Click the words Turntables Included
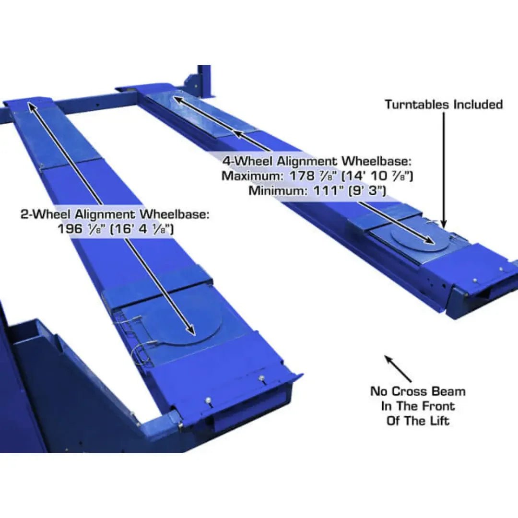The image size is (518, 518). click(x=443, y=105)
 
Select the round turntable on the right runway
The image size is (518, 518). click(x=420, y=237)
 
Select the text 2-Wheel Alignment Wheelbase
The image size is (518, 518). click(x=115, y=214)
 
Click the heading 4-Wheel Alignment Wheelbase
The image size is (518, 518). click(x=317, y=161)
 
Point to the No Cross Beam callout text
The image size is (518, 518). click(x=417, y=406)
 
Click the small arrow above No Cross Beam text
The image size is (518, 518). click(x=397, y=367)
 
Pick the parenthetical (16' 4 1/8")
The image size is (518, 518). click(x=142, y=229)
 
